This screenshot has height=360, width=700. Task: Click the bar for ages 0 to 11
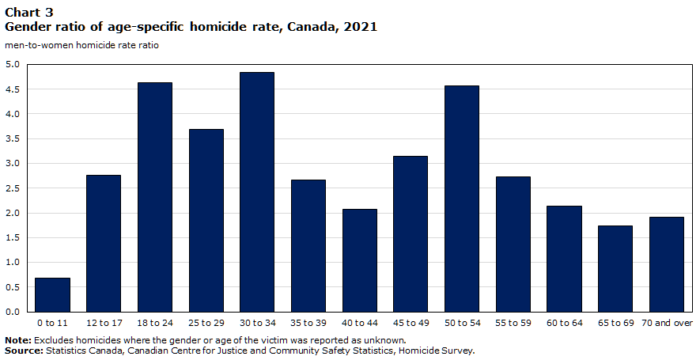tap(52, 295)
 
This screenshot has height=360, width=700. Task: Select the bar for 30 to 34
tap(257, 192)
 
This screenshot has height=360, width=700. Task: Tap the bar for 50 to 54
tap(462, 199)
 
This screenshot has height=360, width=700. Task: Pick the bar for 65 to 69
tap(615, 269)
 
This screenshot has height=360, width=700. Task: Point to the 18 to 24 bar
tap(155, 197)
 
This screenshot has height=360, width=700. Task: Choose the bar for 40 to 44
tap(359, 260)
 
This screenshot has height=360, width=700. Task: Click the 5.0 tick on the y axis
tap(13, 64)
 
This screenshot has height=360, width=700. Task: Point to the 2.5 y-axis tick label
tap(13, 188)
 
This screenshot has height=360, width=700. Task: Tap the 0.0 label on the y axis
tap(13, 312)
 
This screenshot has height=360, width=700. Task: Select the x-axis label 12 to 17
tap(104, 323)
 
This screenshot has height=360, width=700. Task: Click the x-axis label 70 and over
tap(667, 323)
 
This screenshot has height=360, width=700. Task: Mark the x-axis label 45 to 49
tap(411, 323)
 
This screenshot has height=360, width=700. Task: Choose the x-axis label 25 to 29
tap(206, 323)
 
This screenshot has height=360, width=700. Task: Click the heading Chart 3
tap(29, 12)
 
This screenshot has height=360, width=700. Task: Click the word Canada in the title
tap(312, 27)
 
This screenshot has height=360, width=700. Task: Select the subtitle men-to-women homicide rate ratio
tap(81, 45)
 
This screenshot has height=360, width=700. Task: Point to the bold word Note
tap(18, 340)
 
